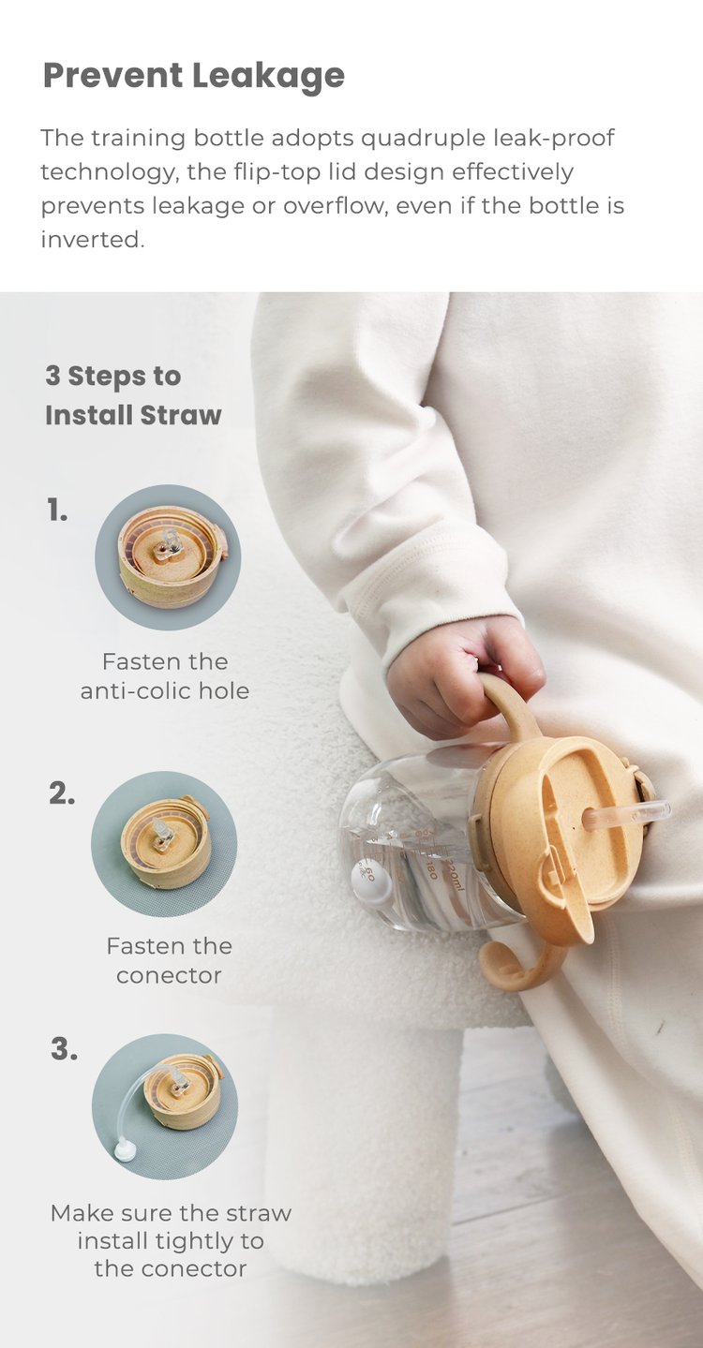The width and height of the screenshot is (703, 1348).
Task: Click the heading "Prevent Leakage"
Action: [194, 77]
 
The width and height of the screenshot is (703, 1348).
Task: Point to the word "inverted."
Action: [93, 240]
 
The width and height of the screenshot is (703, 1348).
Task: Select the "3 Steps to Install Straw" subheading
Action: [134, 395]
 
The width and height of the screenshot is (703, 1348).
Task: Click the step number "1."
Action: [57, 511]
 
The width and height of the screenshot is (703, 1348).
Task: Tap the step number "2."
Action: [62, 794]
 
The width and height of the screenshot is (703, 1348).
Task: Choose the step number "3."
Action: [64, 1049]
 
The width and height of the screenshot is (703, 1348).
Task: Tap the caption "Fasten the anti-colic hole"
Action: [165, 675]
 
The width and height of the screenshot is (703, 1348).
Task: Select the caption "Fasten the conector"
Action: [170, 960]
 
